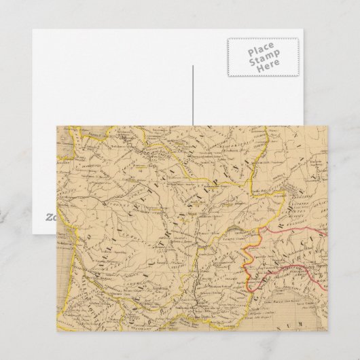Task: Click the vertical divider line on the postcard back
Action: [x=194, y=95]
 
